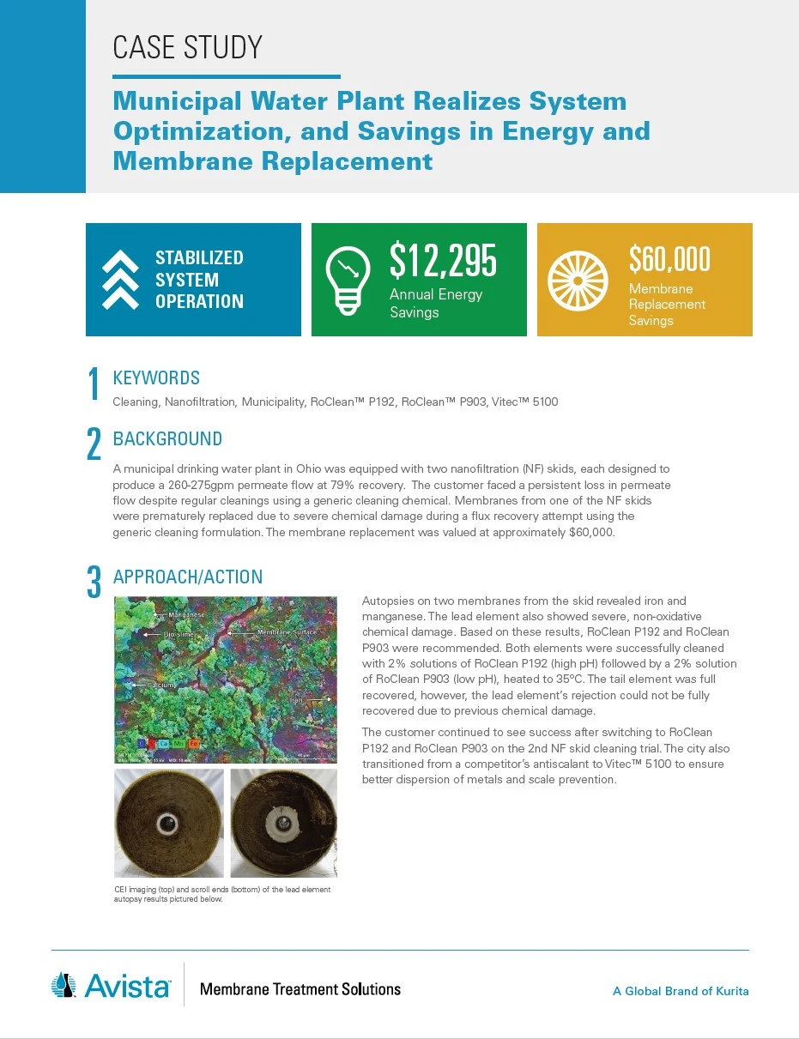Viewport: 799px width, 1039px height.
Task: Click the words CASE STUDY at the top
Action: click(x=187, y=47)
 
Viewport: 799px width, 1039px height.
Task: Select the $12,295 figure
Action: click(x=443, y=260)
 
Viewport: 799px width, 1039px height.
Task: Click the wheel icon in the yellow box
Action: click(x=578, y=281)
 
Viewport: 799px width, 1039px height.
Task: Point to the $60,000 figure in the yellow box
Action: click(x=669, y=258)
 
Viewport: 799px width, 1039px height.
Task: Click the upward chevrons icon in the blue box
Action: click(x=120, y=280)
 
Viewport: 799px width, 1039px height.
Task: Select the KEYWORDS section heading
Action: click(x=156, y=378)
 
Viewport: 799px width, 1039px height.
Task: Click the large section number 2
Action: click(x=94, y=444)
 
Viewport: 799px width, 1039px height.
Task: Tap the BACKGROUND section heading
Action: click(x=167, y=439)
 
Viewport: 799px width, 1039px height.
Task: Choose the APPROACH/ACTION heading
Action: click(x=188, y=577)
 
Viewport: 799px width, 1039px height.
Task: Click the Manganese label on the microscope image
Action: click(x=185, y=615)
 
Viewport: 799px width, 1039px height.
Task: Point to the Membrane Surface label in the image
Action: click(x=287, y=632)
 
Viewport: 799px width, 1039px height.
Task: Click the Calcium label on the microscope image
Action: click(x=160, y=686)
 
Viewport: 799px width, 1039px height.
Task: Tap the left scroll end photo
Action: click(x=169, y=823)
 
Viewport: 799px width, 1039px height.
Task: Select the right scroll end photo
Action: click(x=283, y=823)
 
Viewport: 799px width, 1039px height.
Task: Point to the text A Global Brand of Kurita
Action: click(x=681, y=991)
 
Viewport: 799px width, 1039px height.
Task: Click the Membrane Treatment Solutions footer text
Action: click(x=300, y=989)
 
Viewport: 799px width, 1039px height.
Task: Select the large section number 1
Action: click(x=94, y=384)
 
